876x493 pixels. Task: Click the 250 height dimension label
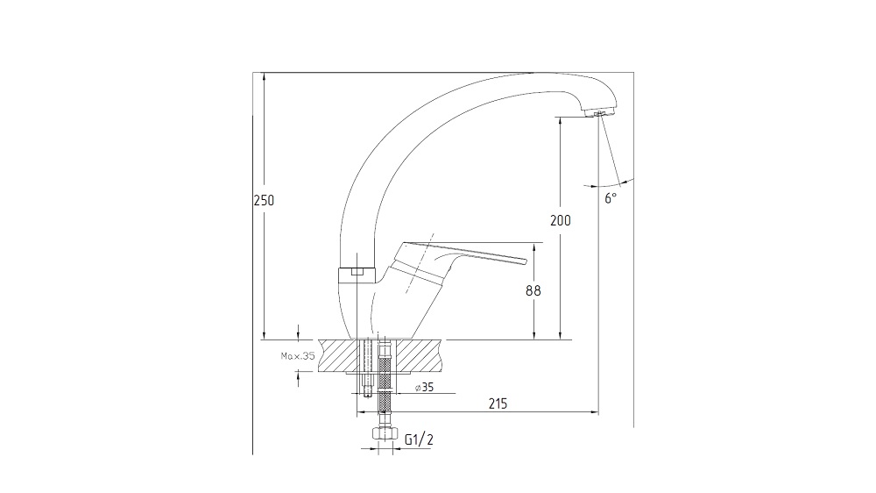point(265,200)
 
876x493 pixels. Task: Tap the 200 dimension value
point(561,220)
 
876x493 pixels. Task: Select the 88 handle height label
point(533,290)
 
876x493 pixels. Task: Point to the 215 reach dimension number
point(498,404)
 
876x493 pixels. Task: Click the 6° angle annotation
point(611,197)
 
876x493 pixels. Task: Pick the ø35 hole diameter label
point(425,387)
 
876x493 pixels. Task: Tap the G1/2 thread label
point(419,439)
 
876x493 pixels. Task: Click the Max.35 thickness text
point(298,355)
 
